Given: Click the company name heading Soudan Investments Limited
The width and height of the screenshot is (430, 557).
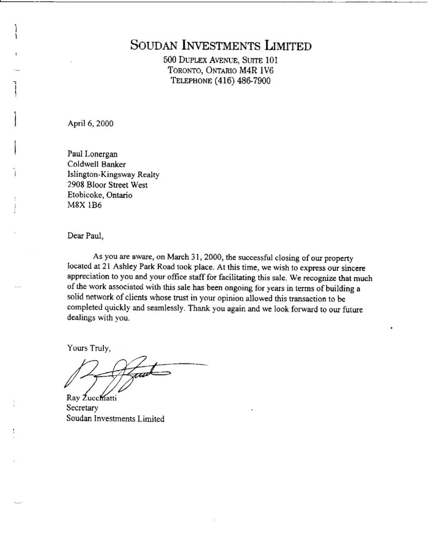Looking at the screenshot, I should pyautogui.click(x=221, y=45).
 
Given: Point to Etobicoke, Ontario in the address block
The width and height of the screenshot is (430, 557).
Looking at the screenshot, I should pyautogui.click(x=99, y=195).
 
